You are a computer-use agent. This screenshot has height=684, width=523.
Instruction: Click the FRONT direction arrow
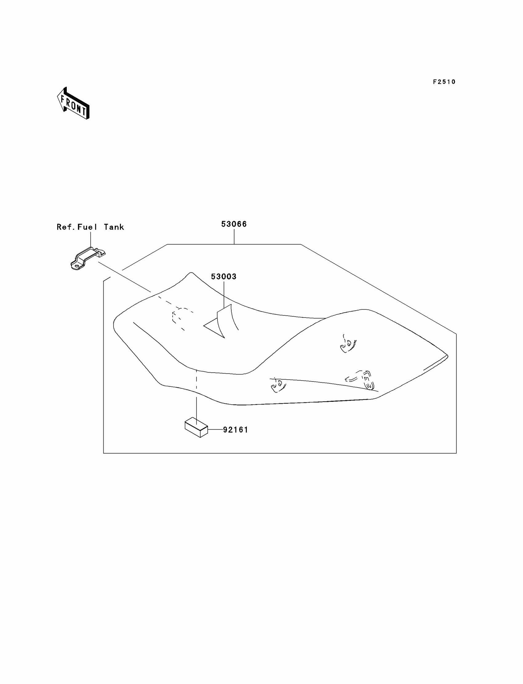pyautogui.click(x=74, y=104)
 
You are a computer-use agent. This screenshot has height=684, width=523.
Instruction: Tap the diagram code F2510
pyautogui.click(x=444, y=82)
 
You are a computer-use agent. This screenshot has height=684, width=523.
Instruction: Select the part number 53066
pyautogui.click(x=234, y=224)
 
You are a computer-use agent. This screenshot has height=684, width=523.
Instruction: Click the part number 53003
pyautogui.click(x=224, y=277)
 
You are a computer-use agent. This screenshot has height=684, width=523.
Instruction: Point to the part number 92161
pyautogui.click(x=236, y=430)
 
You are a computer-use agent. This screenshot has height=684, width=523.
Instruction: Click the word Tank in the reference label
pyautogui.click(x=114, y=227)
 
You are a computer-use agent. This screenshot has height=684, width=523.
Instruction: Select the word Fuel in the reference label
pyautogui.click(x=87, y=227)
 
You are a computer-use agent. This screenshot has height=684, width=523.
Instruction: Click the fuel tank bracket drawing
pyautogui.click(x=87, y=258)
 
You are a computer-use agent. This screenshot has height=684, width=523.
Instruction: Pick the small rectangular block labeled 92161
pyautogui.click(x=196, y=427)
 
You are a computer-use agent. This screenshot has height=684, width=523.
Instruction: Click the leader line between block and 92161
pyautogui.click(x=215, y=430)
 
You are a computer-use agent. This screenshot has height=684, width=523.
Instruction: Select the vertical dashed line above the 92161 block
pyautogui.click(x=197, y=385)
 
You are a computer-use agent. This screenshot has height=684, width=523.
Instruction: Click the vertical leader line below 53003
pyautogui.click(x=224, y=294)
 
